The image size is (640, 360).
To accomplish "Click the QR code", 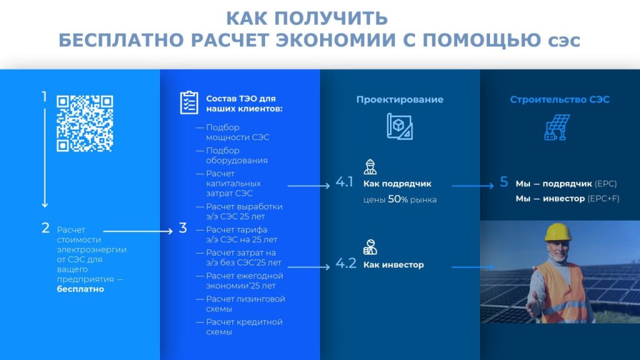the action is click(x=85, y=124).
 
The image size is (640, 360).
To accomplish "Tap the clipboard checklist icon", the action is click(x=189, y=102).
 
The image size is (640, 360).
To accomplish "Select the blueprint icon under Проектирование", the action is click(x=399, y=126).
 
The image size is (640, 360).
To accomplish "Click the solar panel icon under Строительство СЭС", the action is click(x=557, y=127).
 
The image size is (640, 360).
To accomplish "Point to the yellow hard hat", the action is click(x=558, y=232).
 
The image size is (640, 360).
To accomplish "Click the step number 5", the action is click(x=504, y=182).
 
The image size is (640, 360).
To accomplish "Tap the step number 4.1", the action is click(x=344, y=182).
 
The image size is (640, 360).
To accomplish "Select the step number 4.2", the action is click(x=346, y=263).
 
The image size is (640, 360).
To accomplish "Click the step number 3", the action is click(x=183, y=228).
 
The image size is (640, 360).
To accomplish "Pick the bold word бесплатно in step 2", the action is click(x=81, y=289).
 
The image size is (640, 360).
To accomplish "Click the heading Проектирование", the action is click(x=399, y=99).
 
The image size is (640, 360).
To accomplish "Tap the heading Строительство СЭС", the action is click(x=559, y=99).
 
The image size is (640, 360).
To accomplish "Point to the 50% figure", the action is click(x=398, y=199).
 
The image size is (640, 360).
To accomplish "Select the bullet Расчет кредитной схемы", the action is click(x=244, y=327).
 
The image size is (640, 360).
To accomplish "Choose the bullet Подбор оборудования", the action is click(x=237, y=156).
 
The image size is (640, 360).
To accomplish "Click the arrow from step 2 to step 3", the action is click(x=138, y=231).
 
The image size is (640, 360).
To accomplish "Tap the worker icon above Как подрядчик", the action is click(x=370, y=167).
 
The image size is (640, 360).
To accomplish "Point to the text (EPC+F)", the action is click(x=603, y=199).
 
